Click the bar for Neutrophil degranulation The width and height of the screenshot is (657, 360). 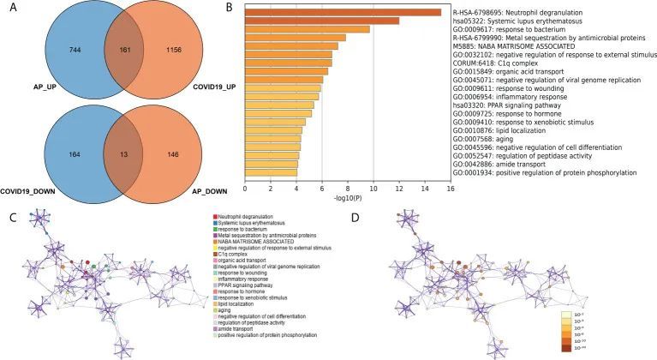tap(343, 12)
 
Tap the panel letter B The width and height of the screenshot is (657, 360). tap(230, 7)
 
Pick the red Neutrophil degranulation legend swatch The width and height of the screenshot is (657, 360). tap(216, 217)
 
